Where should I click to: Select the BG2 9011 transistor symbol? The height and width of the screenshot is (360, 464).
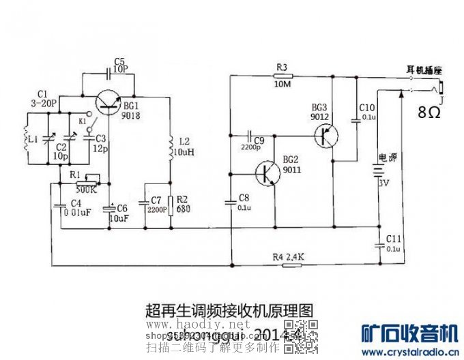(x=268, y=174)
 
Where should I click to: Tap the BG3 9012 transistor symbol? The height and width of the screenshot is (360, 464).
(x=327, y=134)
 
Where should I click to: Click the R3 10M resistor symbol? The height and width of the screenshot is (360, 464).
(x=282, y=76)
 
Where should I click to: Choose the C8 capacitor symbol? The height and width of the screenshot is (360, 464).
(x=230, y=201)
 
